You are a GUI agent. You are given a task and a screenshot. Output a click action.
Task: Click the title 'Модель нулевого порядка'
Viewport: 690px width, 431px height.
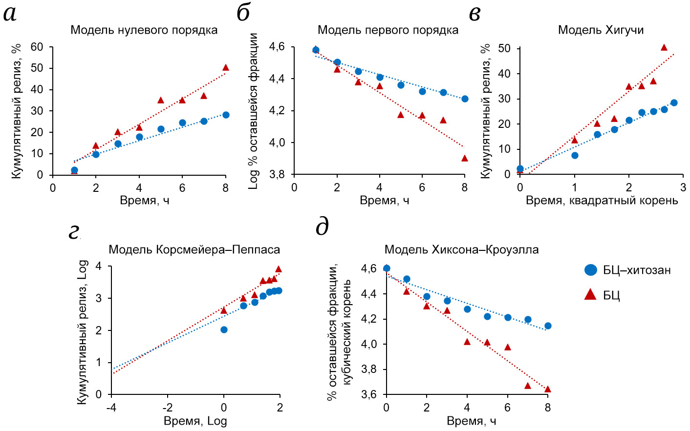coord(144,30)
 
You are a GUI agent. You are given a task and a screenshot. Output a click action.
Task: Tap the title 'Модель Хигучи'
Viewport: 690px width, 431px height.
coord(601,30)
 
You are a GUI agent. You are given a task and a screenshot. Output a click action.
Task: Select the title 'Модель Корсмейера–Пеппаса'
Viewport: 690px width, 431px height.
coord(194,250)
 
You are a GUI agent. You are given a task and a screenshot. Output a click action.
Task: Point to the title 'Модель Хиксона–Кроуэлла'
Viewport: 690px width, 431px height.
coord(461,250)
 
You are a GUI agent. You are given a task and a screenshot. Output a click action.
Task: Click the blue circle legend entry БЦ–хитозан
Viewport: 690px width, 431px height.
coord(591,270)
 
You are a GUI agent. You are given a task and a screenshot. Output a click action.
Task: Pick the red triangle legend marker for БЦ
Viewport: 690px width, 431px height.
coord(591,294)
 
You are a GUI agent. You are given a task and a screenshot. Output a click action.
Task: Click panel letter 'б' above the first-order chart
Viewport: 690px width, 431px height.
coord(243,13)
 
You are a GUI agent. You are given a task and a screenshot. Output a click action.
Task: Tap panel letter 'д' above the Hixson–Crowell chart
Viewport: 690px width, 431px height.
coord(322,227)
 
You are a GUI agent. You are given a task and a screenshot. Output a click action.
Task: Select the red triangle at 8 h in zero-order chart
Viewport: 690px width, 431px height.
coord(225,68)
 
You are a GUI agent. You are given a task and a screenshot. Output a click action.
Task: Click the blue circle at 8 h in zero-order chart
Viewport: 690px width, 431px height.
coord(226,115)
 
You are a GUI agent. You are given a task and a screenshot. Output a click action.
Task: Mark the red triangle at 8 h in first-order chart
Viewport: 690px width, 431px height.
coord(465,158)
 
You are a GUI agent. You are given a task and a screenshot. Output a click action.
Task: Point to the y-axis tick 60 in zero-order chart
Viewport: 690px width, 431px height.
coord(37,47)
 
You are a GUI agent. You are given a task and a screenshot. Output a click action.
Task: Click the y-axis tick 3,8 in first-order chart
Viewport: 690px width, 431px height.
coord(277,174)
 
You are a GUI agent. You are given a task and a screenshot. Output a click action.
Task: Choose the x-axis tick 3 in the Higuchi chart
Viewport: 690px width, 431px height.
coord(683,187)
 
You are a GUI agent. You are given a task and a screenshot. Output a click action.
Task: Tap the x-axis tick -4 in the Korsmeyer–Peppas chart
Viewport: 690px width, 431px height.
coord(111,408)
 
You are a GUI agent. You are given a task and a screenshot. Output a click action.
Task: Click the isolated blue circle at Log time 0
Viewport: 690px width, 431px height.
coord(224,330)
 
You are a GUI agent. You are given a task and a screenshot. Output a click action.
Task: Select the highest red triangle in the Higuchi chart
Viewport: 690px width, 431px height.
coord(664,48)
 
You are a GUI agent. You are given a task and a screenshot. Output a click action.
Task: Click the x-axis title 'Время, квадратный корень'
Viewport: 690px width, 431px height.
coord(602,201)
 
